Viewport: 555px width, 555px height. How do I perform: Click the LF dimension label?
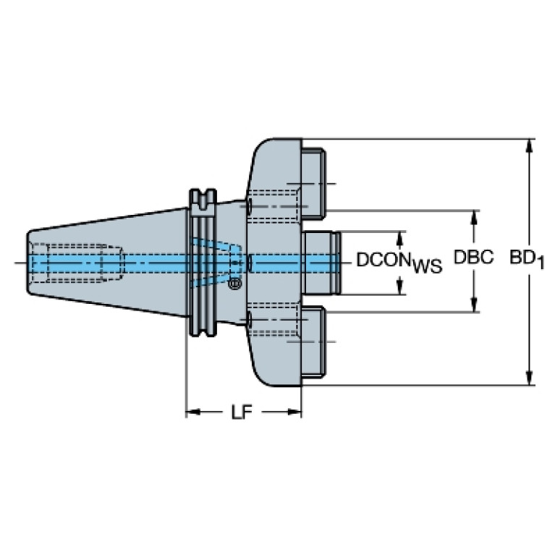coord(242,412)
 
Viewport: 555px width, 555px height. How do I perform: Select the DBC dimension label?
coord(473,258)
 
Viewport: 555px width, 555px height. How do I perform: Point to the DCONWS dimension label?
coord(399,263)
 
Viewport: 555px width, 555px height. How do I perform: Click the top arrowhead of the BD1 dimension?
coord(530,146)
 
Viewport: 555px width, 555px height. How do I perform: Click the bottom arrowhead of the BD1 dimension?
coord(530,377)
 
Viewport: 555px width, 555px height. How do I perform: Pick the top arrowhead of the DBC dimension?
coord(474,218)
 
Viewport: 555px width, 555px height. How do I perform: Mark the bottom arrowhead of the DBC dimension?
coord(474,305)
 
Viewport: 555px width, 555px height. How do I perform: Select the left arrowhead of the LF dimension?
coord(194,412)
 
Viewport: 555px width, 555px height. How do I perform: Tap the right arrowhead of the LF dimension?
coord(294,412)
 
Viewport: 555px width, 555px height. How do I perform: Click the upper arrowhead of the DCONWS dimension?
coord(400,240)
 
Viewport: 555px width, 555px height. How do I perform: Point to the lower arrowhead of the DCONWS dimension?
coord(400,287)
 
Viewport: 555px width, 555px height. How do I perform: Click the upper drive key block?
coord(313,182)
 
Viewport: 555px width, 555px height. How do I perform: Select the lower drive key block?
coord(313,342)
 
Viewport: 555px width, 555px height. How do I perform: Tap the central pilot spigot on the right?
coord(321,263)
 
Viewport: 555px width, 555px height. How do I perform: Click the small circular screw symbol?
coord(234,283)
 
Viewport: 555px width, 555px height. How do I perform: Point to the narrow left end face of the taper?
coord(28,262)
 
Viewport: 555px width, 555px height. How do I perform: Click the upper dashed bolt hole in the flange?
coord(273,206)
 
